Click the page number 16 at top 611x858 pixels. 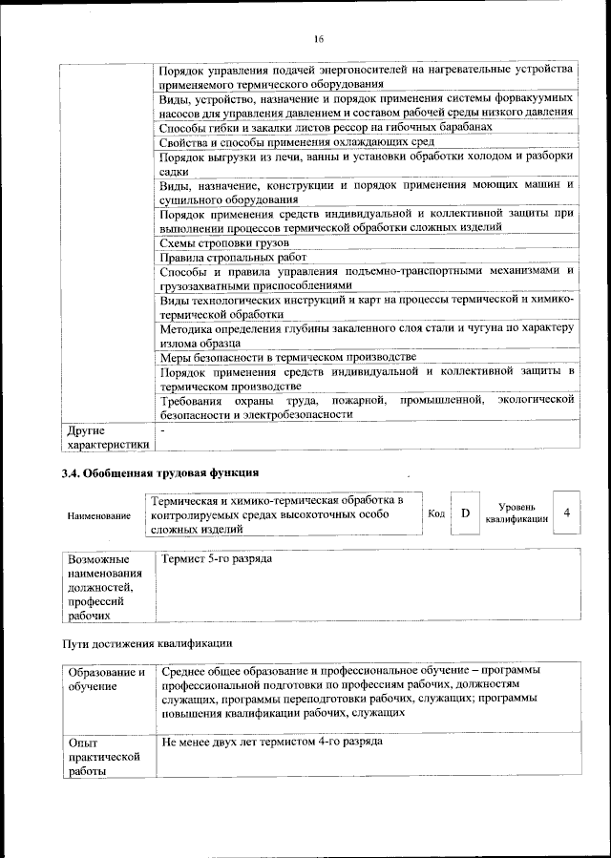319,39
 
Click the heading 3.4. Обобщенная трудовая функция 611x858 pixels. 159,472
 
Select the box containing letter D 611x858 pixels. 465,513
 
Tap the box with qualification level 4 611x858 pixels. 567,513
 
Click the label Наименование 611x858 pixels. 98,515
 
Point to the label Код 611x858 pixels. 435,513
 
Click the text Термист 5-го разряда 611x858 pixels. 218,557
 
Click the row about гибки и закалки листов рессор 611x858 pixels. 325,127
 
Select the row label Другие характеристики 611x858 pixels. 106,437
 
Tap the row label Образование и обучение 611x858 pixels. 105,679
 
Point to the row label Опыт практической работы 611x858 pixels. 95,756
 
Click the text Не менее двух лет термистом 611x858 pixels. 273,741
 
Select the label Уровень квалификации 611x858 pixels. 516,513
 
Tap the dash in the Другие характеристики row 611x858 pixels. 163,431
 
